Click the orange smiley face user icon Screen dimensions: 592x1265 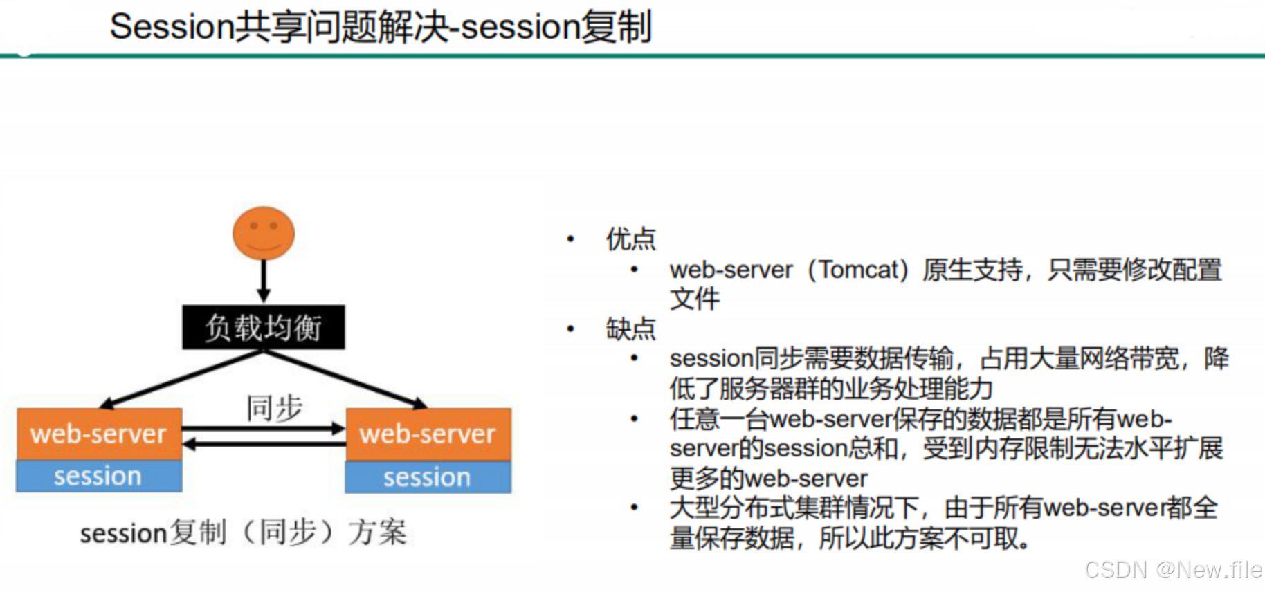point(263,234)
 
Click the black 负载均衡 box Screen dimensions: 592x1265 point(263,327)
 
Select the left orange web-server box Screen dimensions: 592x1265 point(99,434)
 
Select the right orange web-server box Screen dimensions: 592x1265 point(428,434)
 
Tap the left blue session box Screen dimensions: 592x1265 point(99,477)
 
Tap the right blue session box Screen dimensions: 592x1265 point(428,477)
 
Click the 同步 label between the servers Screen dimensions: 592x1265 point(274,408)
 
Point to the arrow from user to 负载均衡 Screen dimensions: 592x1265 point(263,281)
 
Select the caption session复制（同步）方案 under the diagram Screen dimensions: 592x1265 point(242,533)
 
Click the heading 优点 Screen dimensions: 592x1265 point(630,239)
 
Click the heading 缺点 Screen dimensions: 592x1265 point(630,329)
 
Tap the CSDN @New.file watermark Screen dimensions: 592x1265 point(1173,570)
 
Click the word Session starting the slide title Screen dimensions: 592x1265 point(172,28)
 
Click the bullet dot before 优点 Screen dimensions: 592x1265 point(571,239)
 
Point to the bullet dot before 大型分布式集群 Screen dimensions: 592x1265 point(634,508)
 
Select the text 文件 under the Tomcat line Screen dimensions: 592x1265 point(694,299)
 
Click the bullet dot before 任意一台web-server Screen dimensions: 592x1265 point(634,419)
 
